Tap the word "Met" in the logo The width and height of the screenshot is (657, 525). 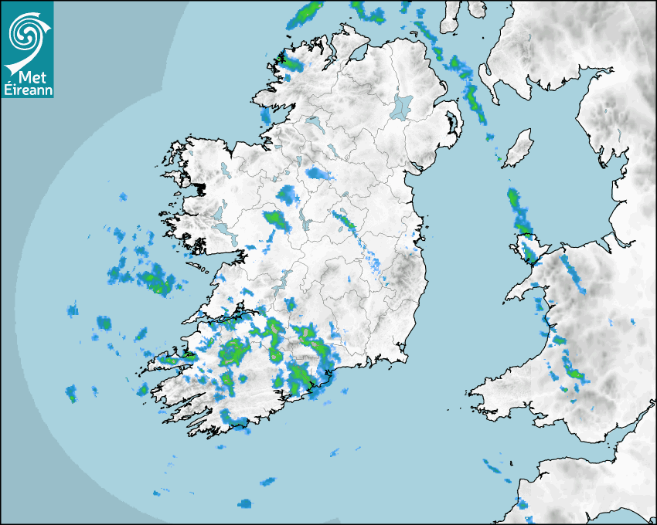[27, 77]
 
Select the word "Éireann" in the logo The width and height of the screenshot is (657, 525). [28, 91]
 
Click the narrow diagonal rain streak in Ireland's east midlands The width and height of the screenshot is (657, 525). [345, 222]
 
